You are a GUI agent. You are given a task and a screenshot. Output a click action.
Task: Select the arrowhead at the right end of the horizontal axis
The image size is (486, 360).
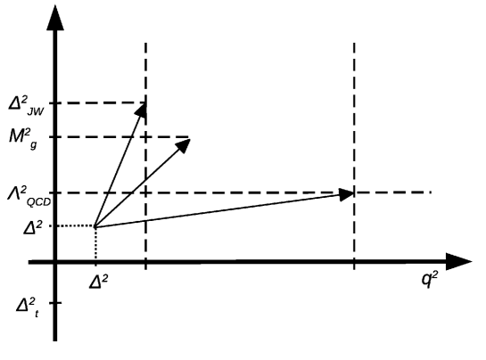pos(458,262)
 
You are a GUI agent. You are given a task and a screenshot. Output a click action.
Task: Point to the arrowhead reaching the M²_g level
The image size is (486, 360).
pos(183,143)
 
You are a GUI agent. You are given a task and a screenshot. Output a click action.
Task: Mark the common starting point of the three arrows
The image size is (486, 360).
pos(95,226)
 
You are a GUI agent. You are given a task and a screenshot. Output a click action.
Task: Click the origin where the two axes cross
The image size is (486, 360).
pos(55,262)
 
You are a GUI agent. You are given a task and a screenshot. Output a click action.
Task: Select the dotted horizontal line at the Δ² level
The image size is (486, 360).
pos(75,226)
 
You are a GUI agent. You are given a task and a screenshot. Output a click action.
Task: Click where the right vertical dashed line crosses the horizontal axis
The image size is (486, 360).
pos(354,262)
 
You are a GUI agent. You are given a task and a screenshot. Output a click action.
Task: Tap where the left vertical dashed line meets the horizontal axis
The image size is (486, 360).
pos(145,262)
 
